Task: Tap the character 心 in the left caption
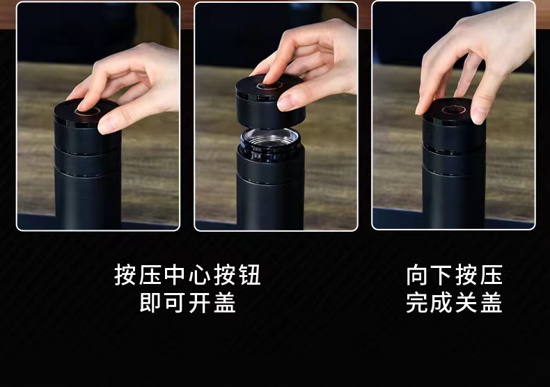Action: [x=200, y=275]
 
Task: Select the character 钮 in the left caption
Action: [x=249, y=275]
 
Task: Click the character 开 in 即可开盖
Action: [x=200, y=303]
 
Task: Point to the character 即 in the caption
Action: [x=150, y=303]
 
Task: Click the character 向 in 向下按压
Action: [x=418, y=275]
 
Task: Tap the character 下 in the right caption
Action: [x=442, y=275]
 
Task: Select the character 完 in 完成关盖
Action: [x=418, y=303]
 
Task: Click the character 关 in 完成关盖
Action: [x=467, y=303]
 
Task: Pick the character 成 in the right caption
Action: [x=442, y=303]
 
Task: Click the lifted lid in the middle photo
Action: [x=269, y=101]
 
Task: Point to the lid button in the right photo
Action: [x=453, y=109]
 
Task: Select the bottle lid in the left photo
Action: [x=87, y=126]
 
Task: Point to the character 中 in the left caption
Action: [x=175, y=275]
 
